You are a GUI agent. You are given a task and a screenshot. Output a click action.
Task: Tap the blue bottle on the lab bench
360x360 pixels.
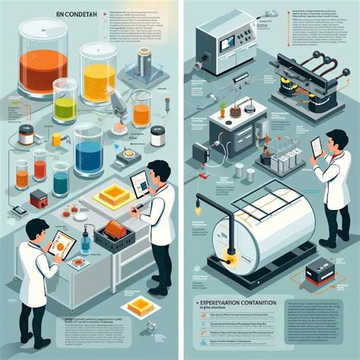(x=85, y=243)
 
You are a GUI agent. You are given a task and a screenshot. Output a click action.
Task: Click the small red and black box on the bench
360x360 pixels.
(x=38, y=199)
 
